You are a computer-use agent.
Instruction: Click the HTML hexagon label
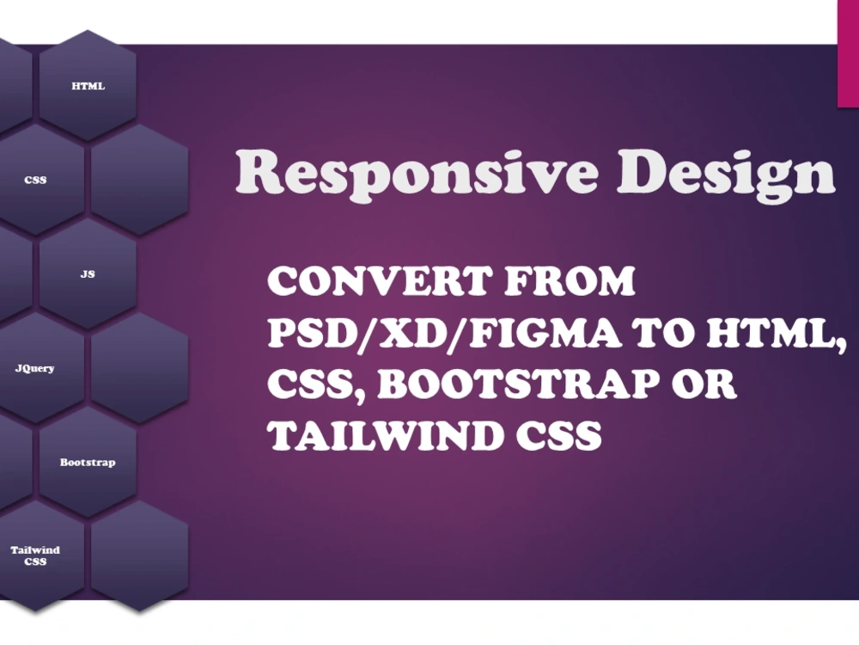[88, 86]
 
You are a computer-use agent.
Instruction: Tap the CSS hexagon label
[35, 181]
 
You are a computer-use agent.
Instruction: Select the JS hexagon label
[88, 274]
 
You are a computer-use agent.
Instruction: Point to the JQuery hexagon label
[34, 368]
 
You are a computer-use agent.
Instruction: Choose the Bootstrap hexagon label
[88, 463]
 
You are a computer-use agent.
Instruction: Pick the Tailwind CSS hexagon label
[35, 556]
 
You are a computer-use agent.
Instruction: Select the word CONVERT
[378, 281]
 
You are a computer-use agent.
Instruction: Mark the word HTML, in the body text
[777, 334]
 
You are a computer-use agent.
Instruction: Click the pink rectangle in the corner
[848, 53]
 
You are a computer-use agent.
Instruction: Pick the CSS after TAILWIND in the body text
[558, 436]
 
